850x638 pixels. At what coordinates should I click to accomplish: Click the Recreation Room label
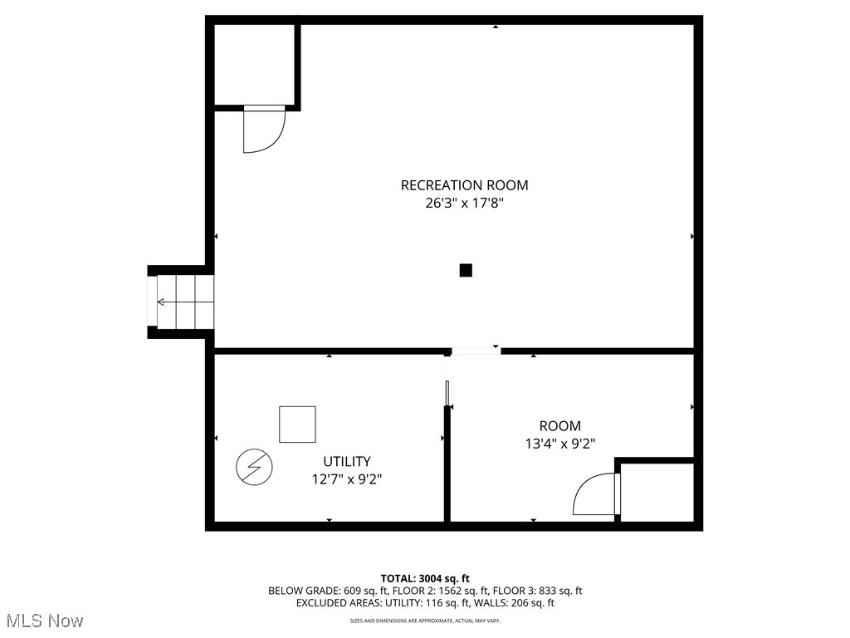[464, 185]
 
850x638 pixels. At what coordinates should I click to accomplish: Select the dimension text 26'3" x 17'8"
[464, 203]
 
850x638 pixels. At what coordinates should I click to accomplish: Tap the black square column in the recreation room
[466, 270]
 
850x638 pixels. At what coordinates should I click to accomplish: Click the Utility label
[347, 461]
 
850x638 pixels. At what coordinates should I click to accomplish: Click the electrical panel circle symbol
[253, 467]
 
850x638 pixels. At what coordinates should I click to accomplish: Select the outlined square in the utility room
[297, 425]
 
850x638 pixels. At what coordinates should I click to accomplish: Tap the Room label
[559, 426]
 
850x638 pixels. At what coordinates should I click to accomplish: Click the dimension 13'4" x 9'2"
[559, 444]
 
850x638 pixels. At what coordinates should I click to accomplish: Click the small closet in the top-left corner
[254, 65]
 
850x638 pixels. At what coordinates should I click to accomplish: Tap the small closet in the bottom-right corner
[657, 492]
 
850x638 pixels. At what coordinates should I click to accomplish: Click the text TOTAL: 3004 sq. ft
[425, 578]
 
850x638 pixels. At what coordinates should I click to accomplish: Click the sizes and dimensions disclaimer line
[425, 621]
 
